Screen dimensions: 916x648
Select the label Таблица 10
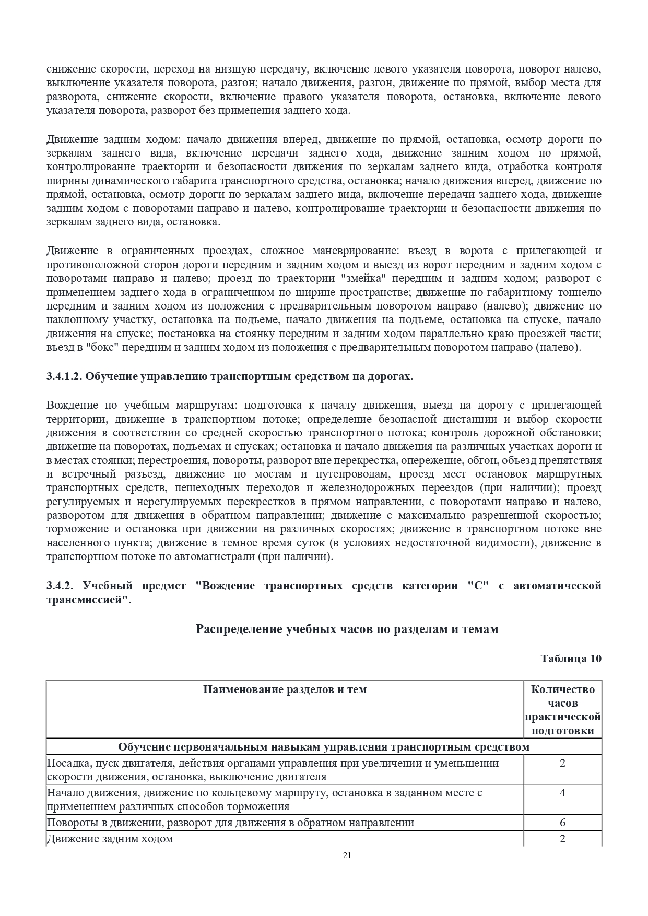[571, 659]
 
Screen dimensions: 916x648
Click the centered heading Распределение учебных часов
[347, 629]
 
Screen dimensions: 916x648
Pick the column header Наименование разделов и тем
[285, 689]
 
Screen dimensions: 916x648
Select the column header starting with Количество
[562, 689]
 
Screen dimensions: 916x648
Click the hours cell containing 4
[562, 793]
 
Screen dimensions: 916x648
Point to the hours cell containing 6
[562, 823]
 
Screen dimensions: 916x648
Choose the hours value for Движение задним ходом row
[562, 839]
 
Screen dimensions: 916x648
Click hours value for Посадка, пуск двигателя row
[562, 763]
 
